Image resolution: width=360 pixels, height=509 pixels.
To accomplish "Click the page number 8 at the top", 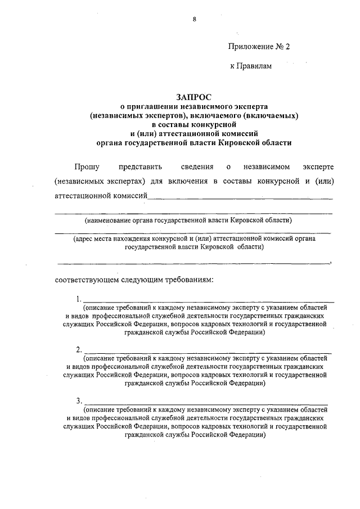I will (194, 19).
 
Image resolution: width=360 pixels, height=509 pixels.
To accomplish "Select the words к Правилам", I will (251, 66).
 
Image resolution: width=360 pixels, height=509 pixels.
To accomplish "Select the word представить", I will (140, 166).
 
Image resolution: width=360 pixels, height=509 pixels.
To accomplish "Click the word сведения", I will (197, 166).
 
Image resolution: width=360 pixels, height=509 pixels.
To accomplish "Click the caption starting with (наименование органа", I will (188, 220).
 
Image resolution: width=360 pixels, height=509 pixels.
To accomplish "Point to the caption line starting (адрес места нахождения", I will (194, 238).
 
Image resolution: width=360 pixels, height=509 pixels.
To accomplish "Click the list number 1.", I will (78, 299).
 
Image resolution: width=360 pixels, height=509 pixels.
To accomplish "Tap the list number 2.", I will (78, 349).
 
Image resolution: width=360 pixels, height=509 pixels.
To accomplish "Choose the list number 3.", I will (78, 400).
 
